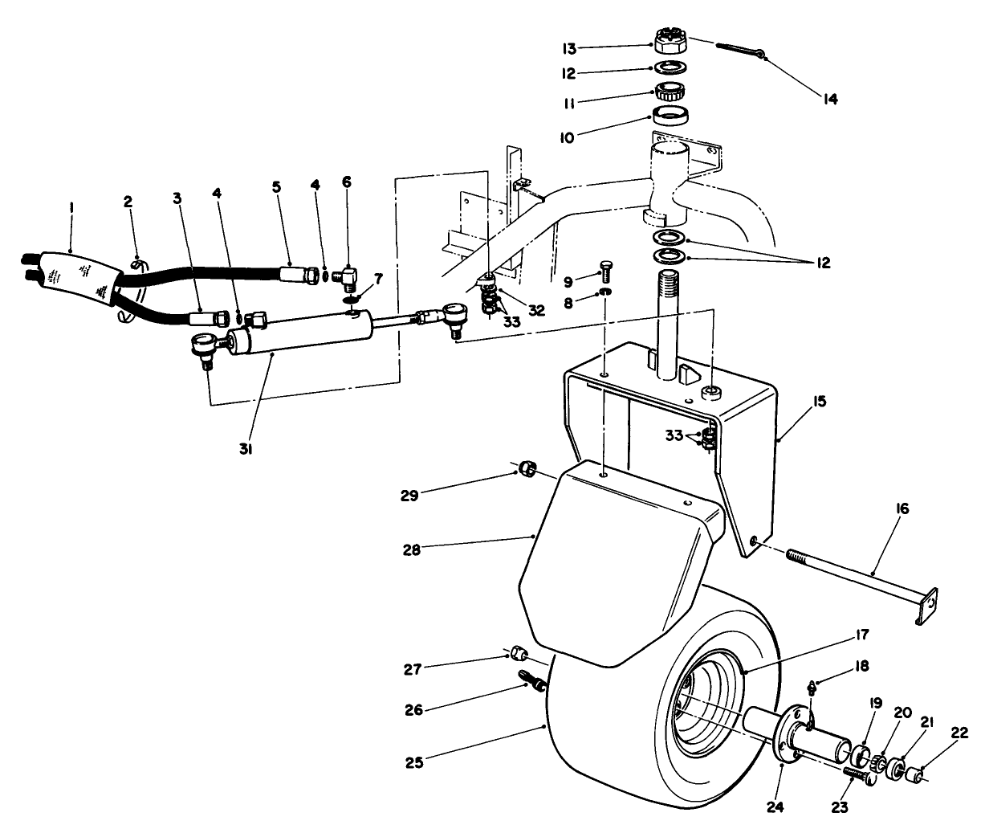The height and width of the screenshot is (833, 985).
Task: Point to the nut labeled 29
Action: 526,468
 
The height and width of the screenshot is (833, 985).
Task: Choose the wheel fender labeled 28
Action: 610,562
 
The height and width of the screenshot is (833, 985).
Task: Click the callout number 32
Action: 536,310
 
